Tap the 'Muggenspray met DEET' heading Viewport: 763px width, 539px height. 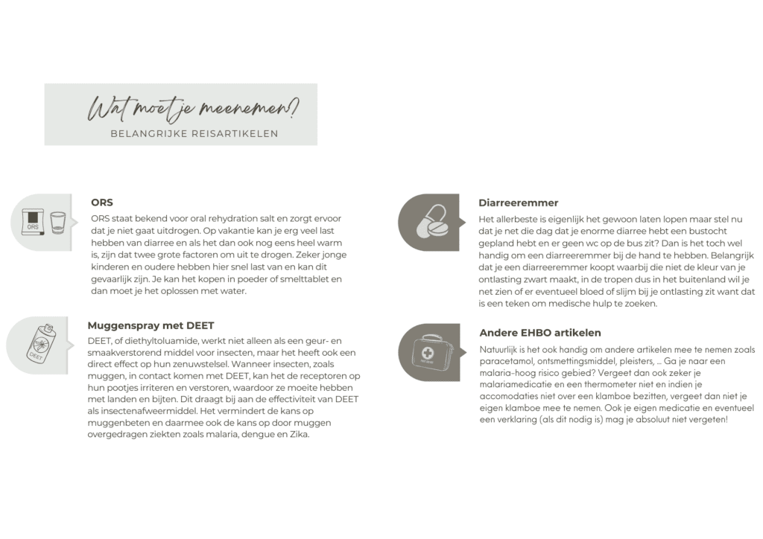pyautogui.click(x=151, y=325)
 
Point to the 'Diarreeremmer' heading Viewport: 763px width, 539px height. pyautogui.click(x=519, y=202)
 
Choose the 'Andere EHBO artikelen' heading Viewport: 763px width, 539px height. pyautogui.click(x=539, y=332)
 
